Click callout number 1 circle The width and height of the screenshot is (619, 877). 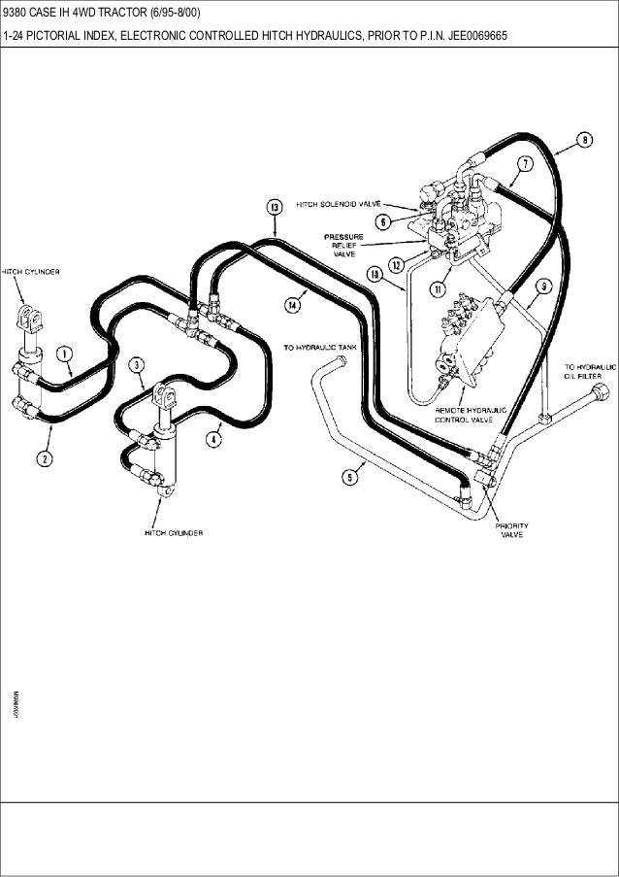click(x=64, y=355)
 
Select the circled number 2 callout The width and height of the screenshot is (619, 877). click(x=45, y=457)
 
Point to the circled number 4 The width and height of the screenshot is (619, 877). click(x=213, y=438)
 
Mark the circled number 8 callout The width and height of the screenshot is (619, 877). click(x=584, y=140)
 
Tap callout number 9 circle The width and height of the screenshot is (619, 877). click(x=543, y=286)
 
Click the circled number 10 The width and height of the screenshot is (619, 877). click(x=374, y=275)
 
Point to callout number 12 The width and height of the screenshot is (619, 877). click(x=397, y=264)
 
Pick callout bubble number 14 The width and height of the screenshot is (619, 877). click(x=291, y=304)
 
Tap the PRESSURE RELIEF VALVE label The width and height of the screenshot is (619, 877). click(x=344, y=245)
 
